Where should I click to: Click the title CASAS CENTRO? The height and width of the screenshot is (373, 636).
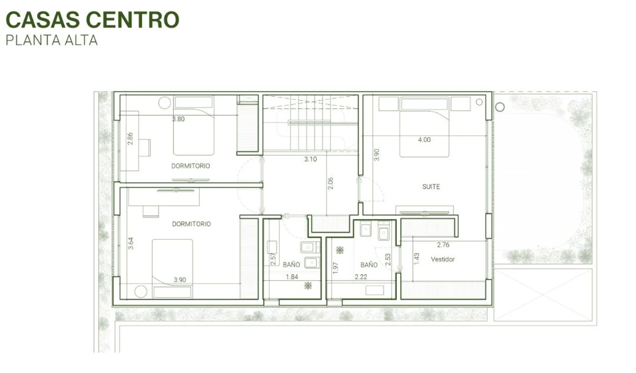click(92, 20)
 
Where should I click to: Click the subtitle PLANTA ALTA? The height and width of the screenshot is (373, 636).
click(52, 40)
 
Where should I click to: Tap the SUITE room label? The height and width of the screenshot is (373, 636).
click(431, 187)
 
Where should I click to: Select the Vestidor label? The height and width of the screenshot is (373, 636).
click(443, 259)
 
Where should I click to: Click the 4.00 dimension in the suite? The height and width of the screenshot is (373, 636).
click(424, 140)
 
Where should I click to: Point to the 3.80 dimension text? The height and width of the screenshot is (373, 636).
click(178, 119)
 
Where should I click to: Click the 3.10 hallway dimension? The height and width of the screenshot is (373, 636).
click(310, 159)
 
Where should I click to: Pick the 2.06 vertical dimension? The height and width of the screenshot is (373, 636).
click(330, 183)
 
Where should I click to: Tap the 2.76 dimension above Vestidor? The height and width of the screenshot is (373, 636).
click(443, 245)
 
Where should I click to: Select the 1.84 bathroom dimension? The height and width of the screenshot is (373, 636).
click(292, 277)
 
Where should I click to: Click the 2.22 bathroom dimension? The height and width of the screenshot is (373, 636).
click(361, 277)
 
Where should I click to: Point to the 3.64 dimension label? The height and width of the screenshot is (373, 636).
click(131, 243)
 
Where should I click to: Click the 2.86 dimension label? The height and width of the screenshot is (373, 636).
click(130, 139)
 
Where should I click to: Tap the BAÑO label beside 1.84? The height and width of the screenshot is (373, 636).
click(291, 265)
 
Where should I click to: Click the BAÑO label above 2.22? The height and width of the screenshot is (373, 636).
click(369, 265)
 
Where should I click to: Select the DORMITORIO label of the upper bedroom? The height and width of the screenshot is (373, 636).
click(190, 166)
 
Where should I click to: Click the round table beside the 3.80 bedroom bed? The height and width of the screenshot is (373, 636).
click(164, 103)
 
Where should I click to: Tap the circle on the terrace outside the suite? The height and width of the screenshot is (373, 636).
click(500, 107)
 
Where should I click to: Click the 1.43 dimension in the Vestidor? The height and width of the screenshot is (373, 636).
click(417, 259)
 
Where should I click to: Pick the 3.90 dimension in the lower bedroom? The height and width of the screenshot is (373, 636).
click(180, 280)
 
